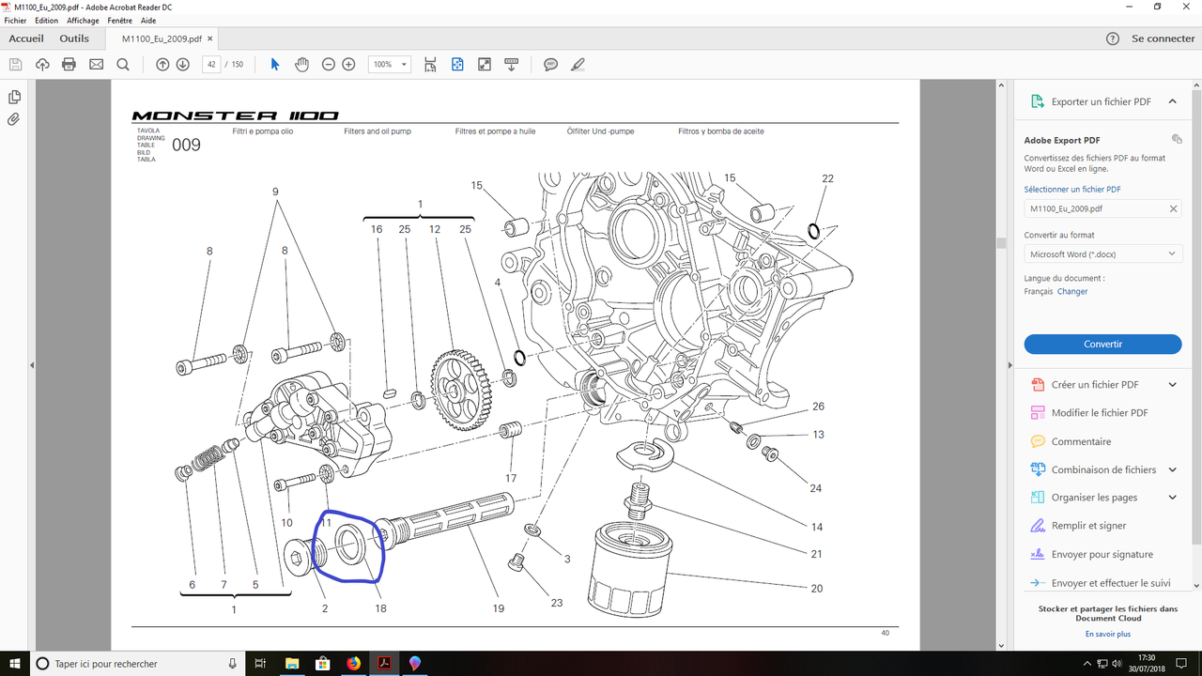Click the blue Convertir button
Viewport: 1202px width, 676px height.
(1102, 344)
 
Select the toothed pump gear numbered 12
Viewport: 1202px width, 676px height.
(460, 389)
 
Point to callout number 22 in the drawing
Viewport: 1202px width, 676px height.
(827, 178)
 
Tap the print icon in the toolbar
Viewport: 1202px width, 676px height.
(69, 65)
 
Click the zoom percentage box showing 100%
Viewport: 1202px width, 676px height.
(389, 65)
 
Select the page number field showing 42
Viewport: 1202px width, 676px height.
(211, 65)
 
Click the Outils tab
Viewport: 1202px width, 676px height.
(74, 38)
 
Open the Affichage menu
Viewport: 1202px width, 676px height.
(83, 21)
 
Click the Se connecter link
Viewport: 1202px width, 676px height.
(1163, 38)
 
